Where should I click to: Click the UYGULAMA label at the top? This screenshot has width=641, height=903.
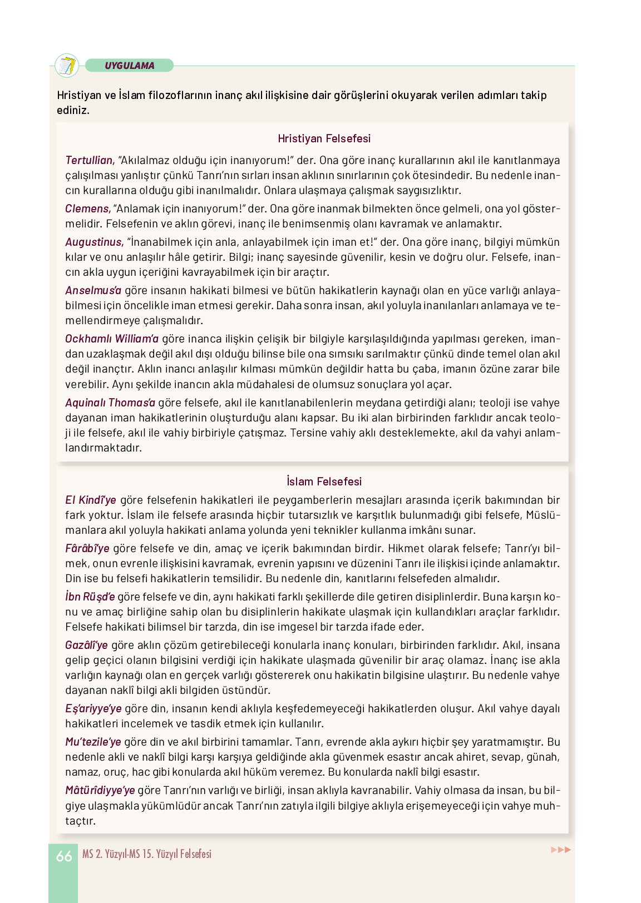coord(129,66)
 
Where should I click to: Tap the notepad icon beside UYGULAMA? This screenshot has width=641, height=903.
coord(67,66)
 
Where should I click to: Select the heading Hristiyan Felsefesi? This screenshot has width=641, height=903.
coord(324,138)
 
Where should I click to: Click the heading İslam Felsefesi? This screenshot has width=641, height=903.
coord(324,482)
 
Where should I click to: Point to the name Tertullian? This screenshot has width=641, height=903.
coord(90,160)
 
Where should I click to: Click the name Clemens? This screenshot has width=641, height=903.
coord(88,209)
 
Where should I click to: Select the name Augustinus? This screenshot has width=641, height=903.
coord(94,242)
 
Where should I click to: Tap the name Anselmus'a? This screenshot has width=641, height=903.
coord(93,290)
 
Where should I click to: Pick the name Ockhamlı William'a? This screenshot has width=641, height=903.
coord(112,339)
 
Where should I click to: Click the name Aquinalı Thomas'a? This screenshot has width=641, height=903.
coord(110,403)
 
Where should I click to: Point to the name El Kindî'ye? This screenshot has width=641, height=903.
coord(91,500)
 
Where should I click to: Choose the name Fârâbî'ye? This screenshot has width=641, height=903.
coord(87,548)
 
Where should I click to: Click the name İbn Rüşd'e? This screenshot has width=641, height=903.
coord(90,597)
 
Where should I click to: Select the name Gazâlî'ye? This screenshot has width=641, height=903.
coord(86,645)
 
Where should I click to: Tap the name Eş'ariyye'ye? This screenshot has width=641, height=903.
coord(93,708)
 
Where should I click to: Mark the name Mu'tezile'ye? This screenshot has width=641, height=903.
coord(93,742)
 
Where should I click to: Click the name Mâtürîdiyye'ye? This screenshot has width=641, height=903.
coord(100,790)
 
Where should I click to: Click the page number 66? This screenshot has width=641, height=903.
coord(64,856)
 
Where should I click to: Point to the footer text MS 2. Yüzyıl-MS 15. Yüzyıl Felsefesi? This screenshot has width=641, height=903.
coord(147,854)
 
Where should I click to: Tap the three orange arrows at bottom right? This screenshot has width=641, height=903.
coord(560,850)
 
